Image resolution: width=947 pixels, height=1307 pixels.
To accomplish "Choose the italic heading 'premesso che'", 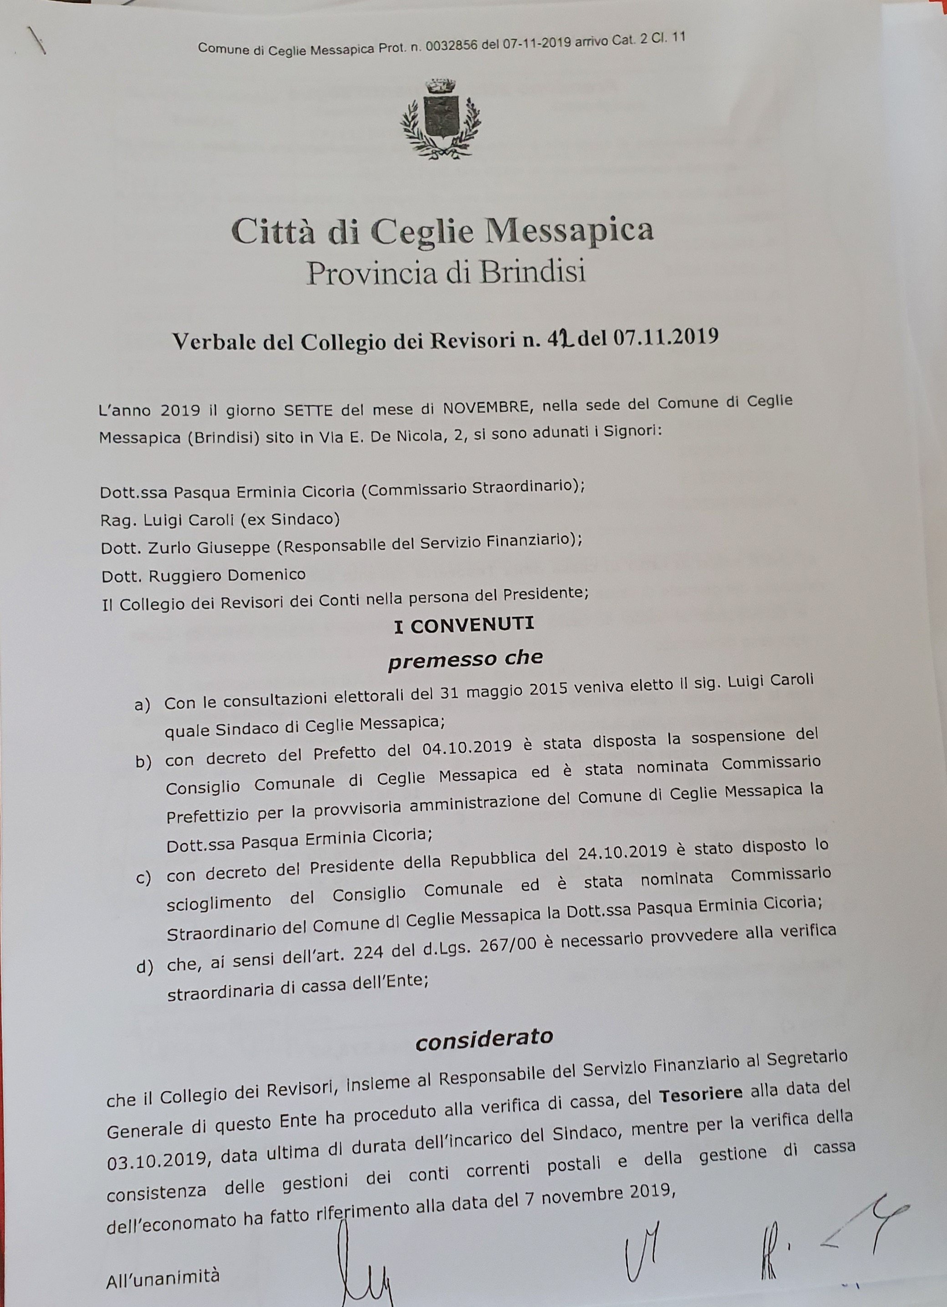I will tap(465, 659).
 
